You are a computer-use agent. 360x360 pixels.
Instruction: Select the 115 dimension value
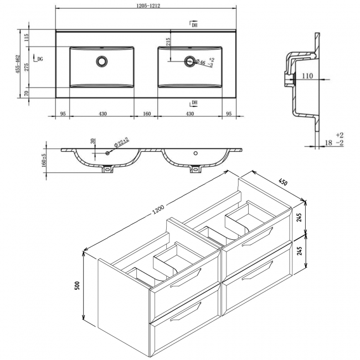coord(26,39)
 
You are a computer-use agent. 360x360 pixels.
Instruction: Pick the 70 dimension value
coord(26,95)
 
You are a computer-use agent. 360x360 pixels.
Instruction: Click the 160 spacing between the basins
coord(147,114)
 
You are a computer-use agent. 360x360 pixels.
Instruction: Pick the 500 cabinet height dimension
coord(77,286)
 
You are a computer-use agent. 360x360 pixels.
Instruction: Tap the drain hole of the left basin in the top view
coord(102,60)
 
